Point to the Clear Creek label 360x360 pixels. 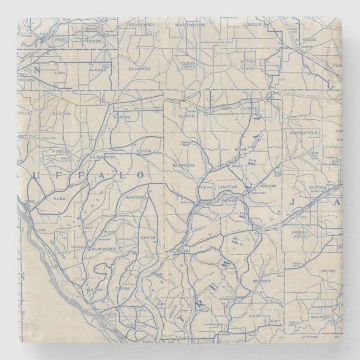pyautogui.click(x=188, y=66)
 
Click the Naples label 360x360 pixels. pyautogui.click(x=124, y=117)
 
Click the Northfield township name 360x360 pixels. pyautogui.click(x=304, y=132)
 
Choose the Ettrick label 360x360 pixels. pyautogui.click(x=260, y=274)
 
